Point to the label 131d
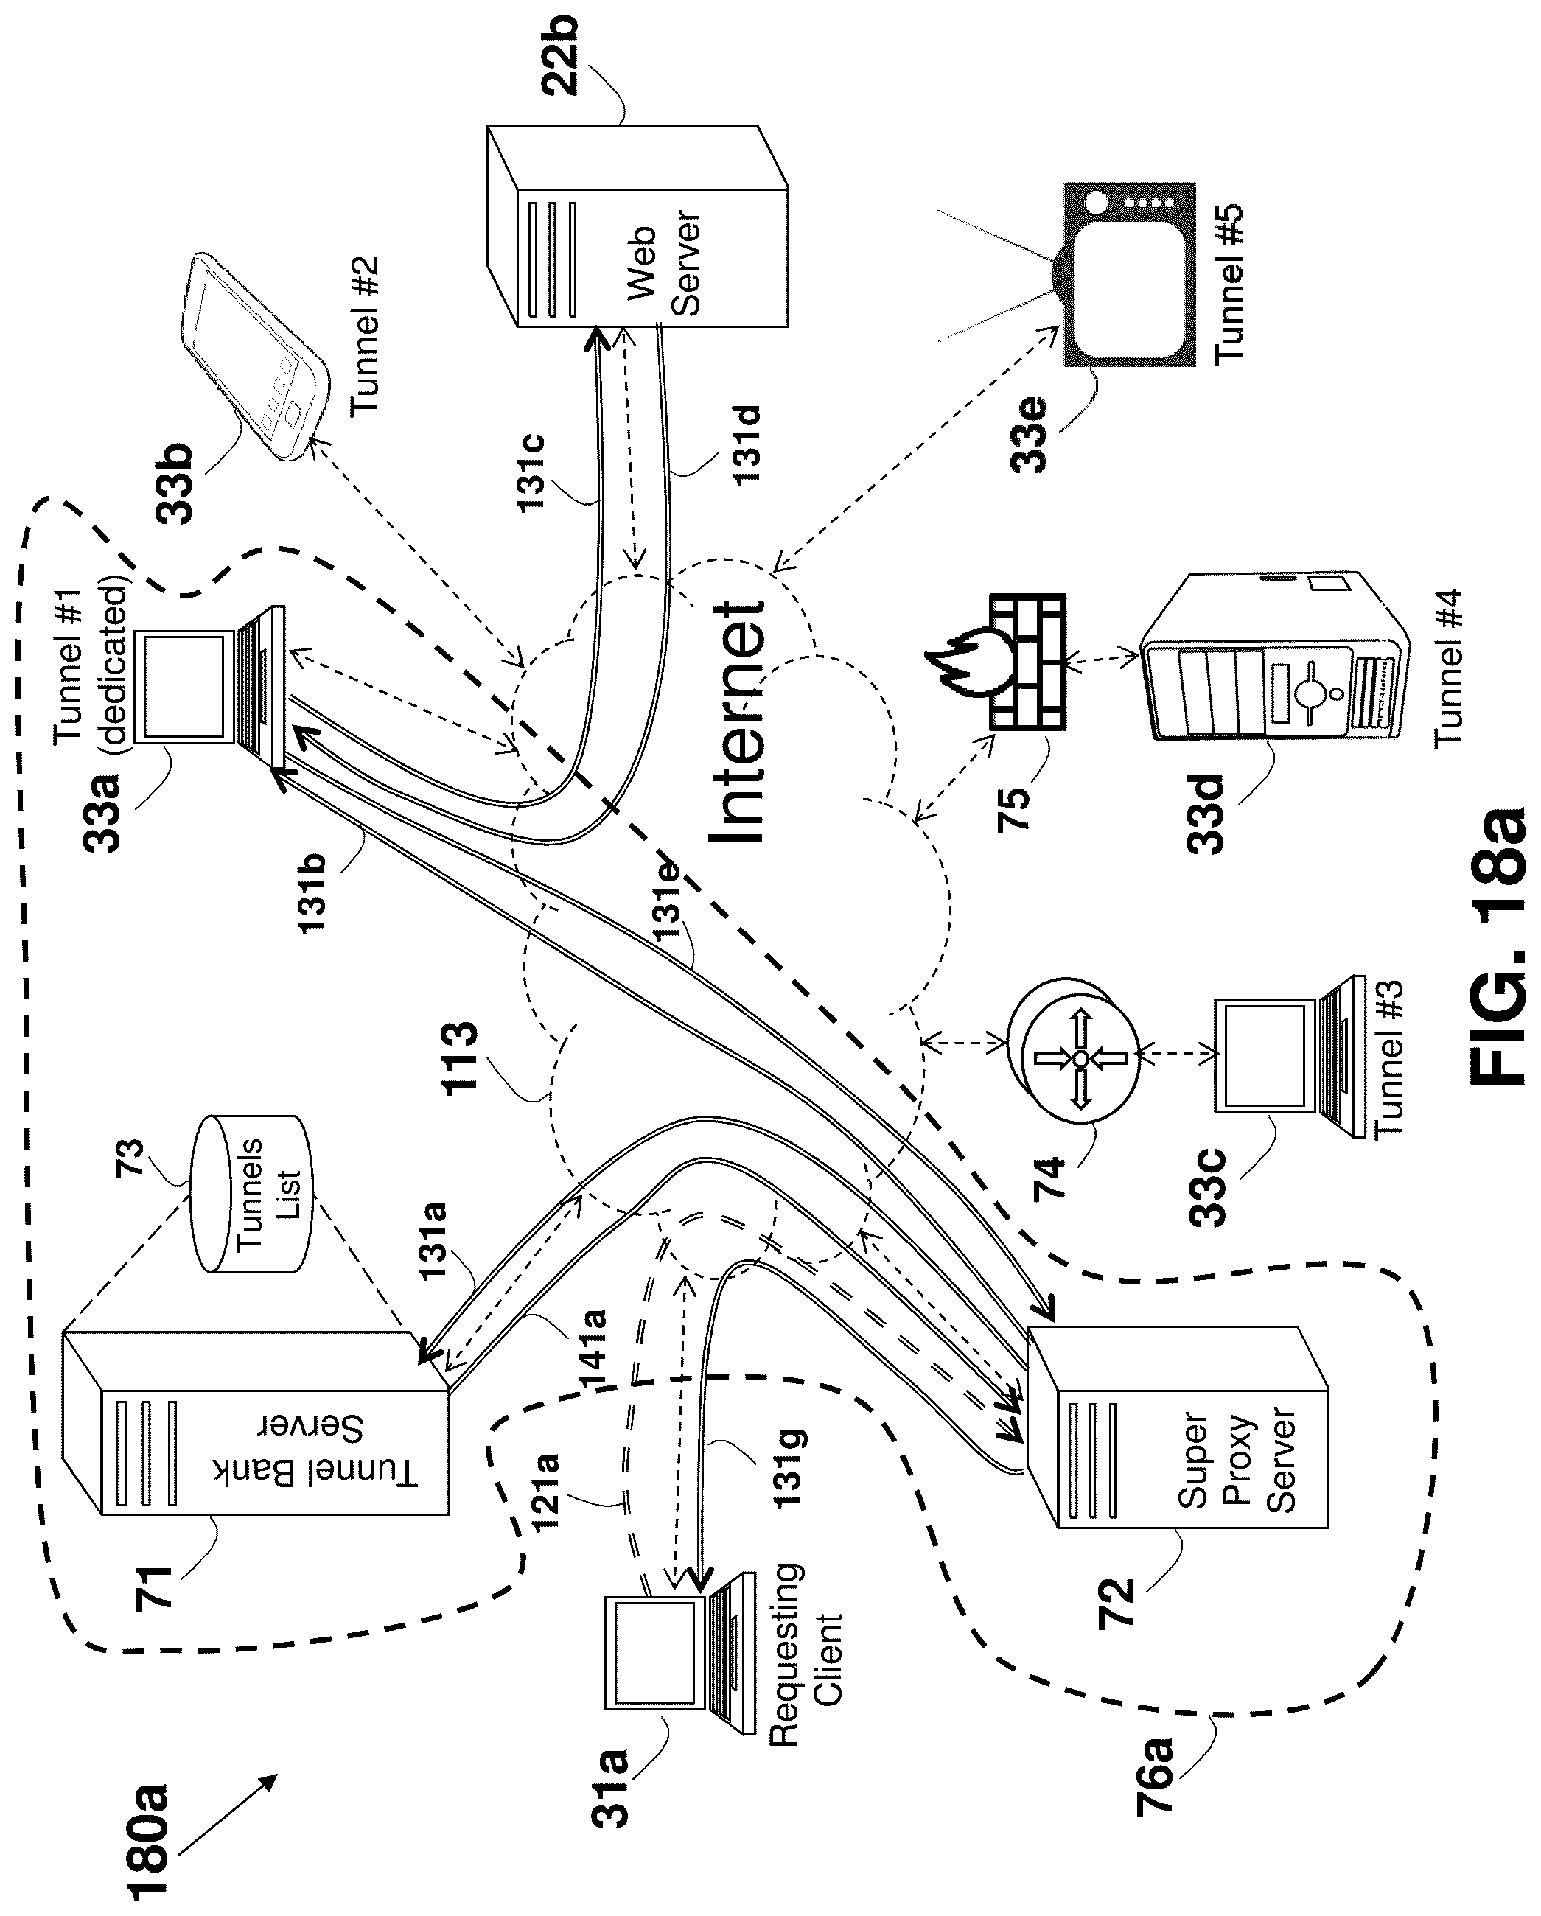click(x=747, y=444)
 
